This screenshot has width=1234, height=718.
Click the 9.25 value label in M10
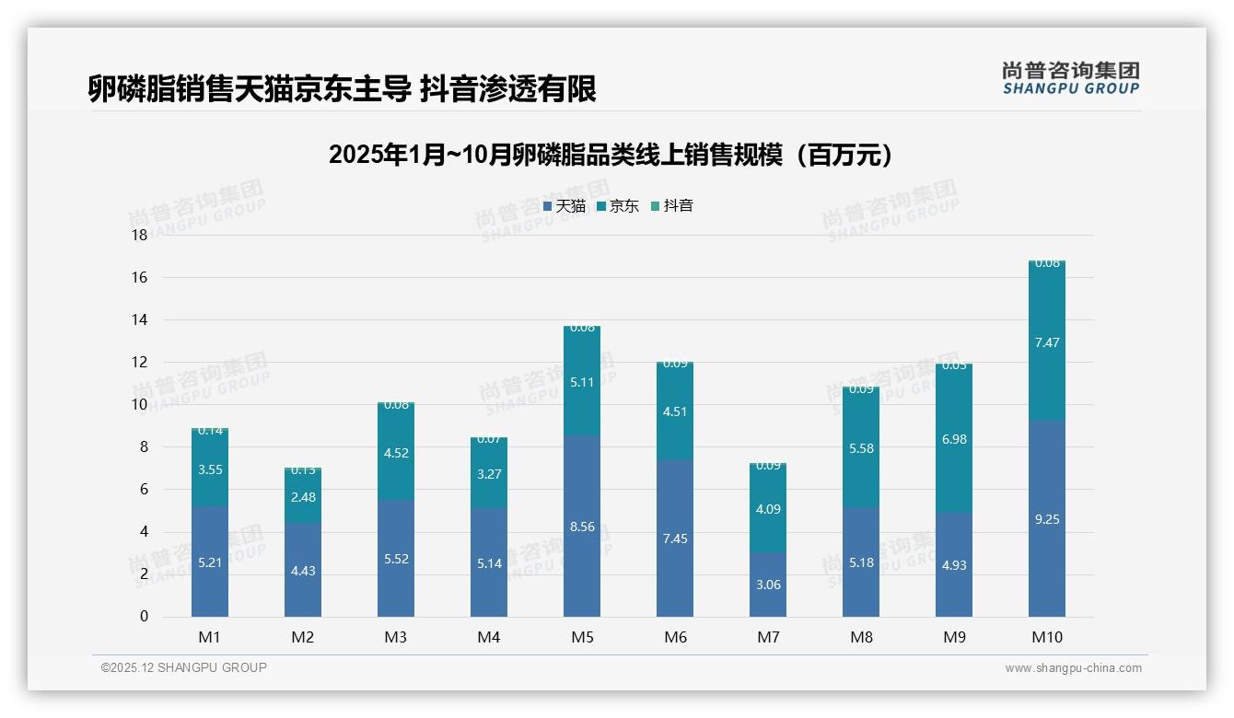(1047, 519)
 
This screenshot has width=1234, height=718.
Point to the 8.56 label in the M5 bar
(582, 527)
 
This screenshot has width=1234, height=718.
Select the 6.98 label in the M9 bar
(954, 439)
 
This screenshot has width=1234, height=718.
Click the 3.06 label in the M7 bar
(768, 585)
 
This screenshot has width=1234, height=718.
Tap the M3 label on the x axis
(396, 637)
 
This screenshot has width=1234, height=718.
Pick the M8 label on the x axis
(861, 637)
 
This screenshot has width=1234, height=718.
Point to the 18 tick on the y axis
(139, 236)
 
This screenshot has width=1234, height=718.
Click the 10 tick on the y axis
(139, 405)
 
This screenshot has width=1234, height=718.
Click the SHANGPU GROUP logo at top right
(1070, 78)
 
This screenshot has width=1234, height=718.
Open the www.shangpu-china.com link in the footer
(1073, 668)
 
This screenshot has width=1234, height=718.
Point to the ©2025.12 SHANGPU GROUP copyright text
(184, 668)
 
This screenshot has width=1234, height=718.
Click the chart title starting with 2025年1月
(611, 155)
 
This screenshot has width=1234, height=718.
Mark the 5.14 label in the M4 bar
(489, 563)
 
